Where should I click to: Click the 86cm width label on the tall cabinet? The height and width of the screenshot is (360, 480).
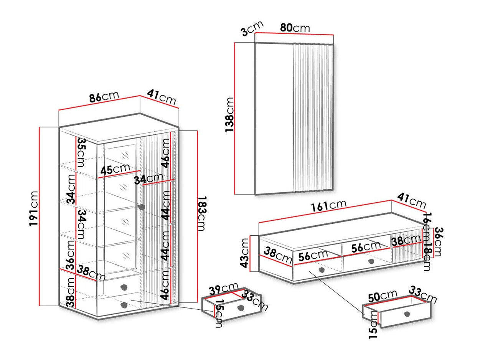104,97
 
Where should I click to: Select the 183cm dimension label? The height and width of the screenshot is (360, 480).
202,213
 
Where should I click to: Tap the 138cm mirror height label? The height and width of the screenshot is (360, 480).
229,115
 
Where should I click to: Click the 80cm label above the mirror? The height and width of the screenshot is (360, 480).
295,28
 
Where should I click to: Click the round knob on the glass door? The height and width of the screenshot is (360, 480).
141,207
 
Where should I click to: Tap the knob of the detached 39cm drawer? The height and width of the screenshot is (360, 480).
241,308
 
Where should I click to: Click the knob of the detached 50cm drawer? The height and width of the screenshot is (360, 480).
407,314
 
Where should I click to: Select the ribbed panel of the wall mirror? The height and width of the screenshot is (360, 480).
313,117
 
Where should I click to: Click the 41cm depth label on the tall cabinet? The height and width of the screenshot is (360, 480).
162,97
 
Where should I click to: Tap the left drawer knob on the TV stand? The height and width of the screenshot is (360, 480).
321,270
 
